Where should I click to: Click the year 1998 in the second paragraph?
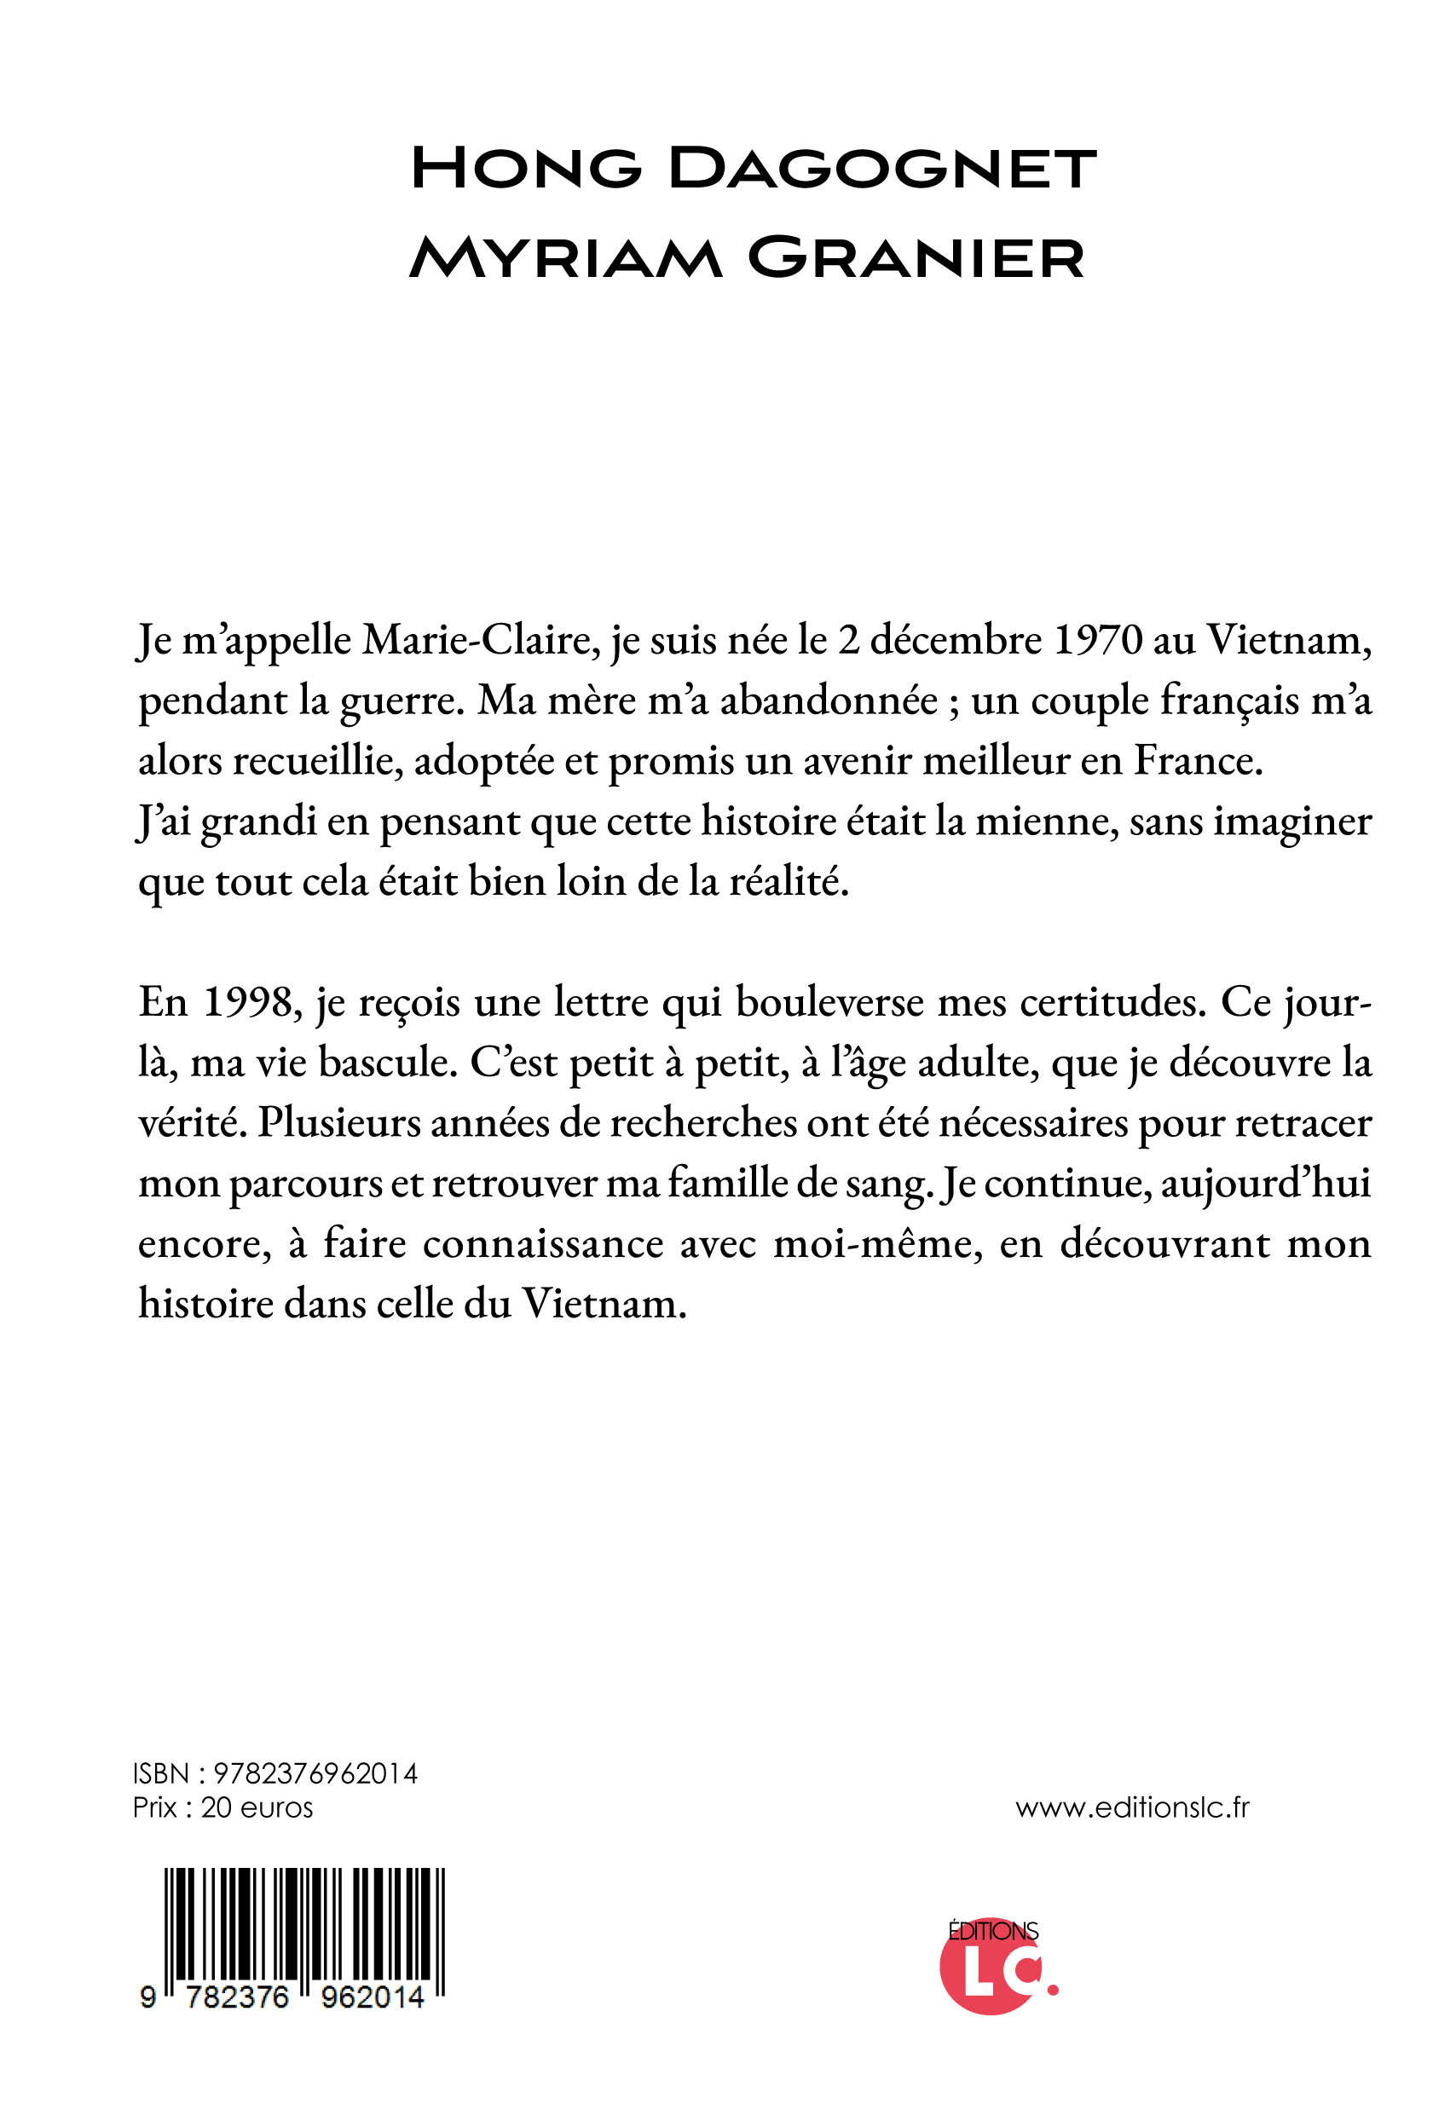coord(247,1003)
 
